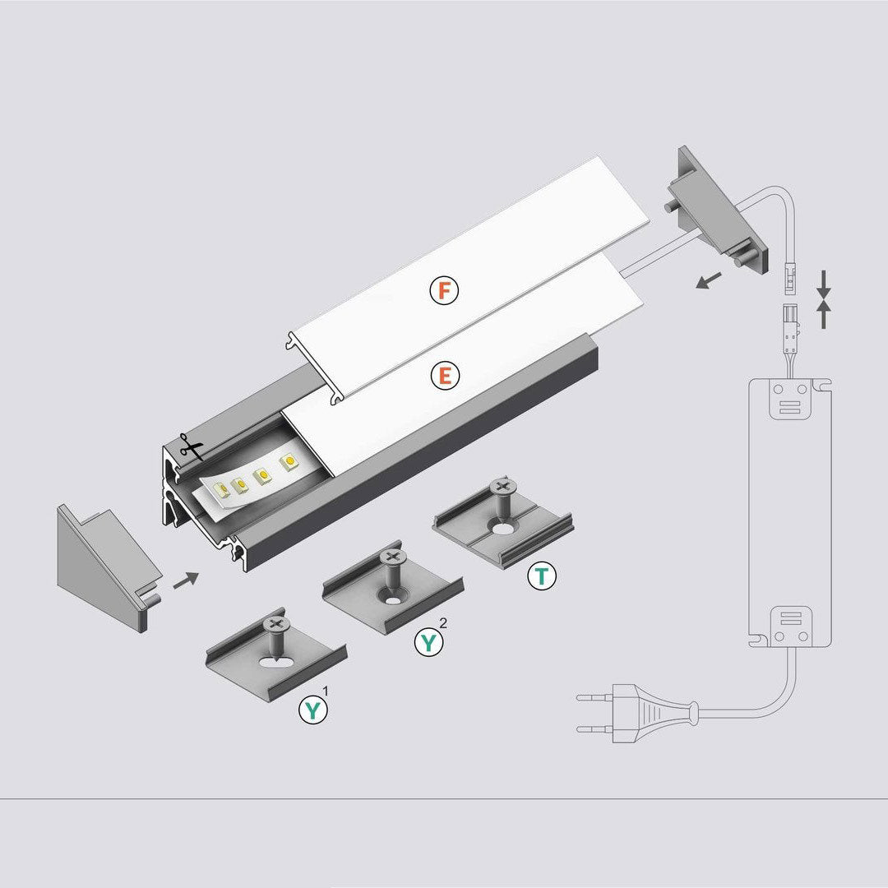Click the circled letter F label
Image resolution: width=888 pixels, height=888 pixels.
click(444, 290)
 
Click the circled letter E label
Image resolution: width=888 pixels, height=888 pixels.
click(445, 376)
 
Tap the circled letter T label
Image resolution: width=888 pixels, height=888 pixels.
click(541, 576)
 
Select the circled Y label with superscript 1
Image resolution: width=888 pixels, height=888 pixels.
click(313, 709)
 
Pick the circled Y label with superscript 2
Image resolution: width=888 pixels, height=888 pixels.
click(428, 643)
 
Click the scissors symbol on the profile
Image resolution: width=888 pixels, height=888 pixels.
click(192, 446)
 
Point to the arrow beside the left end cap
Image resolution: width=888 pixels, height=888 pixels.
click(186, 580)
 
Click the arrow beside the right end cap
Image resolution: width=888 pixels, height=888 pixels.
click(709, 280)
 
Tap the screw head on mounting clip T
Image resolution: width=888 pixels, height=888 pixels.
click(502, 486)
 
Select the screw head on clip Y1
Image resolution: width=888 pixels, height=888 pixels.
click(275, 625)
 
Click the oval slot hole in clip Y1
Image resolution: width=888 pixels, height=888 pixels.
click(275, 661)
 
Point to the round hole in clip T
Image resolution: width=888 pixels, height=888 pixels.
click(502, 530)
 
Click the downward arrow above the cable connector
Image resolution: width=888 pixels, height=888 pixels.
click(823, 285)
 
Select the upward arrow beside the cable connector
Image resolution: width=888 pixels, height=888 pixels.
click(823, 314)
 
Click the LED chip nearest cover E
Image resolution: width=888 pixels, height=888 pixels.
click(289, 462)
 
